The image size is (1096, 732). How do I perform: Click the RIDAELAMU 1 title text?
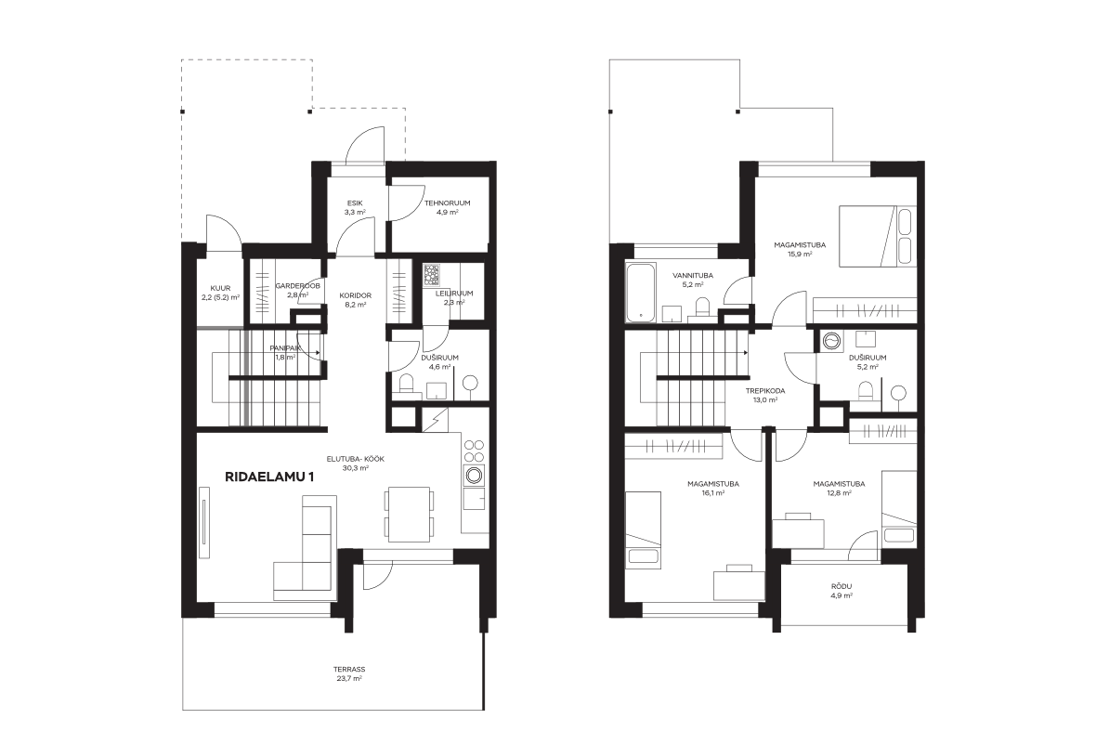(x=269, y=477)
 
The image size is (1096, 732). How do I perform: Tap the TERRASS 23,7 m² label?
(x=349, y=673)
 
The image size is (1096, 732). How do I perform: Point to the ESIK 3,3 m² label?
(x=355, y=207)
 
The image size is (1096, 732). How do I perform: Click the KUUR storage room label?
(x=220, y=293)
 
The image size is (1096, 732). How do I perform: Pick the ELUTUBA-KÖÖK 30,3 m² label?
(x=356, y=464)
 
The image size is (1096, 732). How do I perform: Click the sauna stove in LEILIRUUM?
(x=431, y=274)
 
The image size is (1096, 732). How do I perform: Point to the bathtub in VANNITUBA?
(x=640, y=293)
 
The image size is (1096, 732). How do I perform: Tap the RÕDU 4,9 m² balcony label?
(x=842, y=591)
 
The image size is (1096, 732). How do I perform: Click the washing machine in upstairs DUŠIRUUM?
(x=832, y=341)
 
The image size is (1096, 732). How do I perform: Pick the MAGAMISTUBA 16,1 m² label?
(x=713, y=488)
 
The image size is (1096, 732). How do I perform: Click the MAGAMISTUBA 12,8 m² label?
(x=839, y=488)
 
